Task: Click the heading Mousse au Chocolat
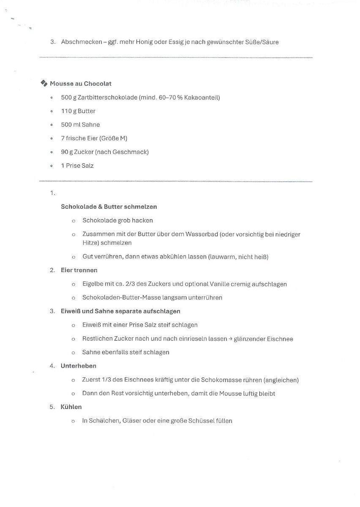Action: [80, 84]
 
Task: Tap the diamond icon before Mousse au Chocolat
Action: [44, 83]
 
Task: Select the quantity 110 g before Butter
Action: [68, 111]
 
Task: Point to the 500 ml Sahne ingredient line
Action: [80, 125]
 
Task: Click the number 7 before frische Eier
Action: [63, 138]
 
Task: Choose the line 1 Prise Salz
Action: [77, 166]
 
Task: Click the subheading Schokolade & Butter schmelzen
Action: [109, 207]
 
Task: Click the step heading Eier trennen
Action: [79, 270]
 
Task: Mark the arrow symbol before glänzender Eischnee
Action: [230, 339]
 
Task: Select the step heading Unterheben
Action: [79, 366]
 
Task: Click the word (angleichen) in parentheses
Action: [281, 380]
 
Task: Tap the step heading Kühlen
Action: [71, 407]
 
